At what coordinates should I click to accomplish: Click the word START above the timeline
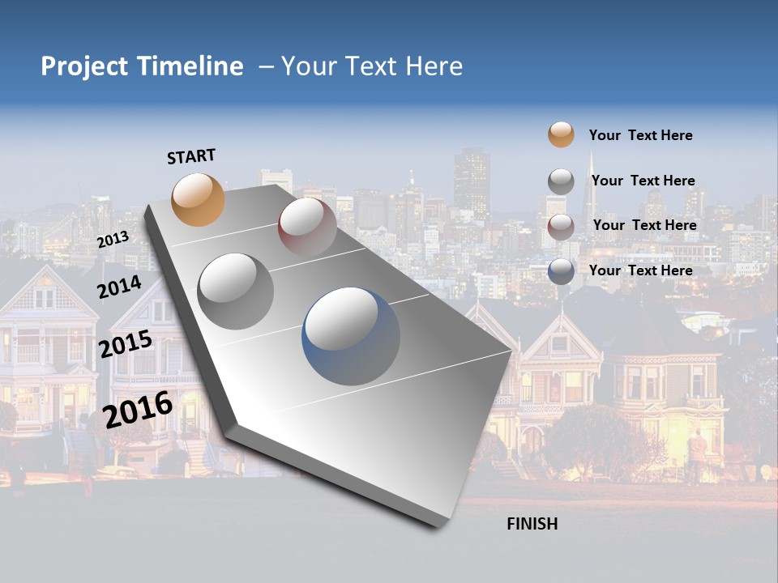coord(191,156)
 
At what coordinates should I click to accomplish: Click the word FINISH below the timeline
coord(532,524)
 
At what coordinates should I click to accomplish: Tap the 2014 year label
coord(119,287)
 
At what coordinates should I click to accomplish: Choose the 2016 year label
coord(138,410)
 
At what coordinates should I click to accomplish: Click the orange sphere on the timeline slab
coord(199,199)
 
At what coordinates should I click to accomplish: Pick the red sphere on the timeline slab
coord(307,227)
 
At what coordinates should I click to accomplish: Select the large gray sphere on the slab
coord(236,291)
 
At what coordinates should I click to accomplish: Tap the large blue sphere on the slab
coord(351,335)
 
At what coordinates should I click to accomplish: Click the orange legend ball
coord(561,134)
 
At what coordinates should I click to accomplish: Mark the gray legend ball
coord(561,181)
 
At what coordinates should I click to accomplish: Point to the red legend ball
coord(561,226)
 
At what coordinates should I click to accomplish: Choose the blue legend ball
coord(561,271)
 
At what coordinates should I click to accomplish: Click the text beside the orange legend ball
coord(640,135)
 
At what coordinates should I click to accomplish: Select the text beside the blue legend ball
coord(640,270)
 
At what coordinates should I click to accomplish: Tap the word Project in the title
coord(84,66)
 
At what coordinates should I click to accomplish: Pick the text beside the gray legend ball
coord(643,181)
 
